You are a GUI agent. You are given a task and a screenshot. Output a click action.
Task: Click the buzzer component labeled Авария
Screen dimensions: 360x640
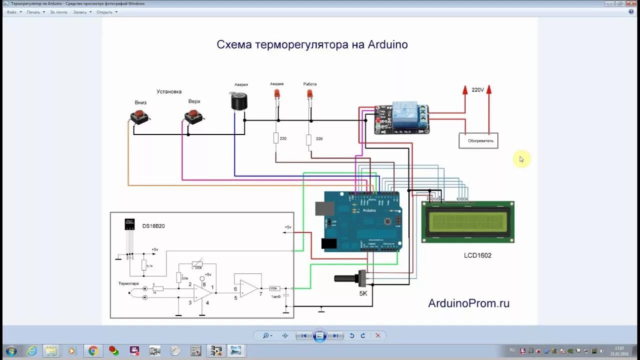pos(238,101)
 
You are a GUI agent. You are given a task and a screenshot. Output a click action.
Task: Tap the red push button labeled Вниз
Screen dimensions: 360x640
pos(140,116)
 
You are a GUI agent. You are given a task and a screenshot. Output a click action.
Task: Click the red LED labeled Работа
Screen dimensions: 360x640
pos(309,93)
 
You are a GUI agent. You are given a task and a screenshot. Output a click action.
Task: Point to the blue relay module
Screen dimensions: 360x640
pos(402,119)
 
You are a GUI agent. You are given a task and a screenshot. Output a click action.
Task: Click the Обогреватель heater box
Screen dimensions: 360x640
pos(478,140)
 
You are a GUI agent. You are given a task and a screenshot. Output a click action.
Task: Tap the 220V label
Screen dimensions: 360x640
pos(477,90)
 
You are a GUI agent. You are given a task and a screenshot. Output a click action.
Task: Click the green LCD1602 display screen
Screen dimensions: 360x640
pos(467,222)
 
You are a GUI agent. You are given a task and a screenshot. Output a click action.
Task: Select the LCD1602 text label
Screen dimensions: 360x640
pos(477,255)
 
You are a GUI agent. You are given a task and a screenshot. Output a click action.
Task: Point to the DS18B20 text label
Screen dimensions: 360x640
pos(153,226)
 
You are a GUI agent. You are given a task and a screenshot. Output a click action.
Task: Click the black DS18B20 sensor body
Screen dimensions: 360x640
pos(129,224)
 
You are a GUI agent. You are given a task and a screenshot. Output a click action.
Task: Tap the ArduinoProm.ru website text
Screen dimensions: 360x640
pos(468,303)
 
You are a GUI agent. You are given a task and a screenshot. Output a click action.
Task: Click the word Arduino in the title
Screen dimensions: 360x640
pos(387,44)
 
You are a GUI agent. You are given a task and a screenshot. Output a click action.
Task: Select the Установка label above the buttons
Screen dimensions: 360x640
pos(169,91)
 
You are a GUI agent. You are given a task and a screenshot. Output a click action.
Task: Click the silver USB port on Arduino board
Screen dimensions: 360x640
pos(324,208)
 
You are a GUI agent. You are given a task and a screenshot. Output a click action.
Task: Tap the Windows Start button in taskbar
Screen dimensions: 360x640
pos(10,350)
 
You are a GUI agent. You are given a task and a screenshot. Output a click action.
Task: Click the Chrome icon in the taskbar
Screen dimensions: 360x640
pos(92,350)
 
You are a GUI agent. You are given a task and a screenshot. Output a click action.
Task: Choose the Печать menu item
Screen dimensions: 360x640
pos(33,12)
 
